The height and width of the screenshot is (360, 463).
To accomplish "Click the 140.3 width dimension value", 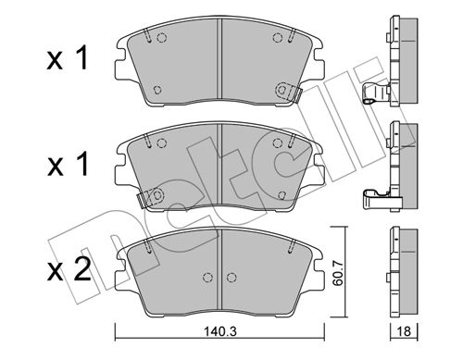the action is [220, 331].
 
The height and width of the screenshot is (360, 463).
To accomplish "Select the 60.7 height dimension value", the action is [339, 273].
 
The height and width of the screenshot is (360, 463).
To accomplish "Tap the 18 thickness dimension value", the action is [404, 331].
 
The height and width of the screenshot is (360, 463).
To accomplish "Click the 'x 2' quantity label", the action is [69, 269].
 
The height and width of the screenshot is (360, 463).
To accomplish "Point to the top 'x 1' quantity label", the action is [68, 57].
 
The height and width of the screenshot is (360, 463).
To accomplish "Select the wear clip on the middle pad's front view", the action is [149, 198].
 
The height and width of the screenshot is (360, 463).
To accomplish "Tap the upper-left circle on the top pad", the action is [162, 38].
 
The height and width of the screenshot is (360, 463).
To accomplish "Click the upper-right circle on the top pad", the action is [278, 38].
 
